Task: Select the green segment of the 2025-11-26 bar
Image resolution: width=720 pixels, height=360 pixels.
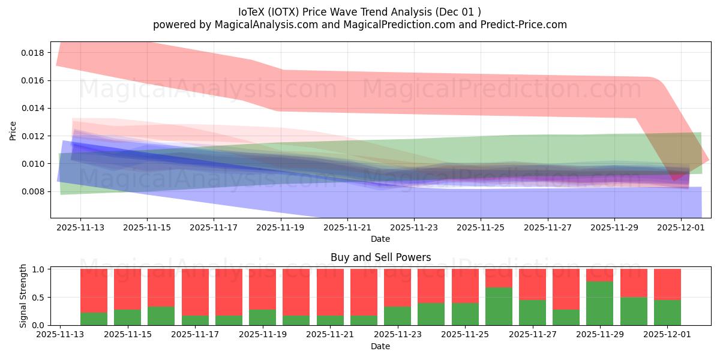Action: (499, 306)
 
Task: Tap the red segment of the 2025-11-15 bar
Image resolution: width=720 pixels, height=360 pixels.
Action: (127, 289)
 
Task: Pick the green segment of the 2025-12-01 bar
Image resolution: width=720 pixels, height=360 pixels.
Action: (667, 313)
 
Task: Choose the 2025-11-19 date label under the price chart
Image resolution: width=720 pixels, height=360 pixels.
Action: (280, 228)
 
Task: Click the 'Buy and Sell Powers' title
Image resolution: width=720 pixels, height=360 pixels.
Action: (380, 257)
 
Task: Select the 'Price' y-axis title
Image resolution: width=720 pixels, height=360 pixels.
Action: (13, 130)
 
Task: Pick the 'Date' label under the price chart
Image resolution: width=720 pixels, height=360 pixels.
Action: (380, 239)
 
